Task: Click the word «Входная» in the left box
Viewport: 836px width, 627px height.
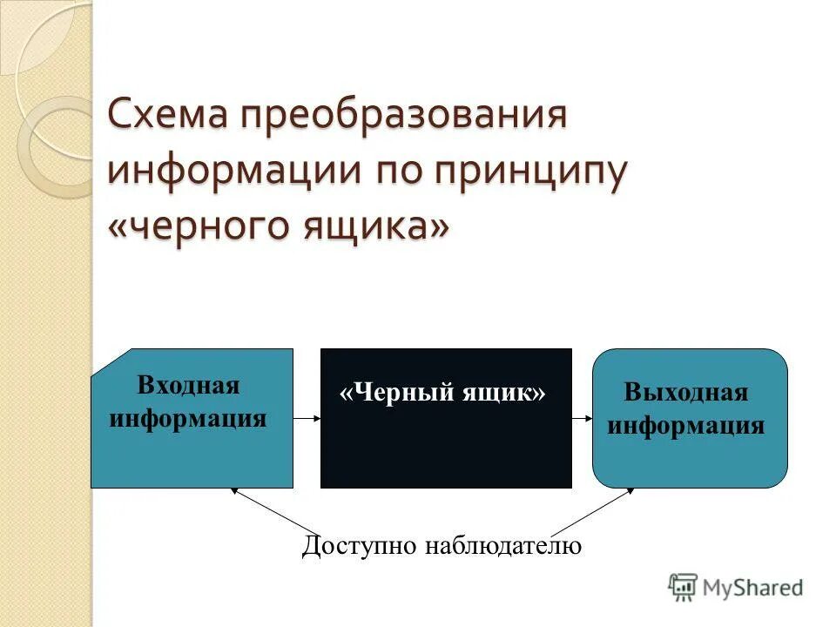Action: tap(188, 385)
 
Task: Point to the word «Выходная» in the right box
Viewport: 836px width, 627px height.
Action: tap(686, 392)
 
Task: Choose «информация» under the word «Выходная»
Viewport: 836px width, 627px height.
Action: tap(686, 425)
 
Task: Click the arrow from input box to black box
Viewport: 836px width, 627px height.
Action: tap(307, 418)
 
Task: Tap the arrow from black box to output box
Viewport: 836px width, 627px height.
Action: tap(582, 418)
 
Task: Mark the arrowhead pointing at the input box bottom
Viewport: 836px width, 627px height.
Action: tap(233, 492)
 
